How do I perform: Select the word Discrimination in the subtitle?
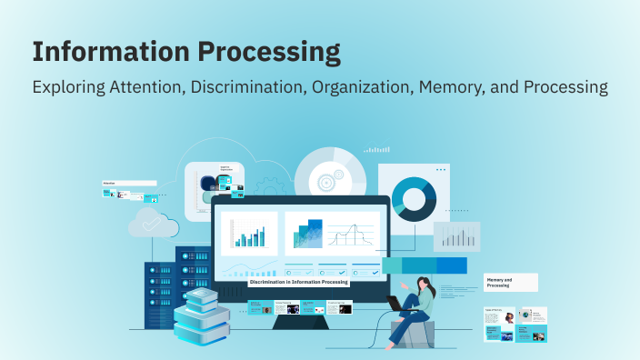[251, 88]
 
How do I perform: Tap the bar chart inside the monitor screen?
[248, 234]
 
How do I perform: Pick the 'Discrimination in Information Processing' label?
[299, 282]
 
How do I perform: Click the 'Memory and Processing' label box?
[509, 283]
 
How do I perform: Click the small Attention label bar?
[128, 183]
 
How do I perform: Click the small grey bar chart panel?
[455, 237]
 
